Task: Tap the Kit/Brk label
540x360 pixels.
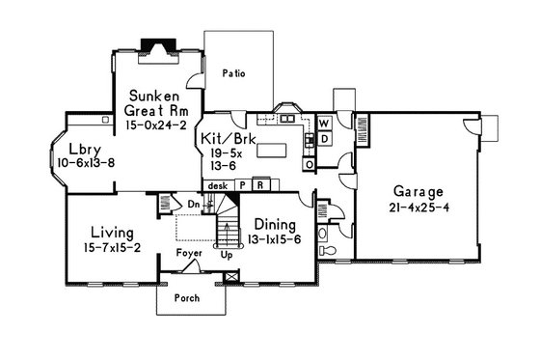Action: [224, 139]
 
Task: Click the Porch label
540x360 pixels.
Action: [186, 298]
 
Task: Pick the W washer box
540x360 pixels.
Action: [324, 124]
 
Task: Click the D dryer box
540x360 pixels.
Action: [324, 139]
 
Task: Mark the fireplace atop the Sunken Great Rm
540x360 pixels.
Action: [155, 46]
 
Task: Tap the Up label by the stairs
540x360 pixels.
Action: [226, 258]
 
